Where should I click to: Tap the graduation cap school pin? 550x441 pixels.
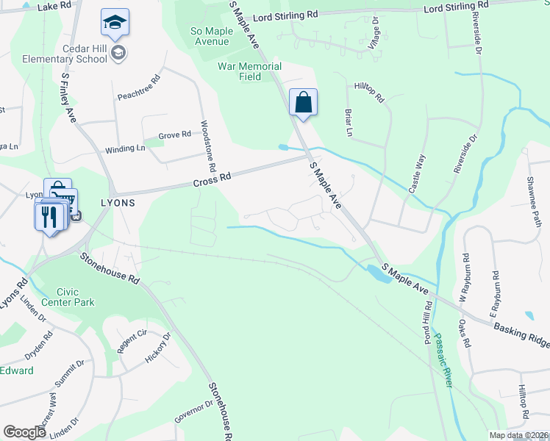coord(115,24)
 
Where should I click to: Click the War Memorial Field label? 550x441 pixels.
coord(249,71)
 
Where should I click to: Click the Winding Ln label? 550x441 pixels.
coord(125,149)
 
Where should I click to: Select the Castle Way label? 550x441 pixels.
coord(417,173)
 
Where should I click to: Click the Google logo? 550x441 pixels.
coord(24,431)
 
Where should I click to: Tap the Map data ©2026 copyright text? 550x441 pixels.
coord(518,435)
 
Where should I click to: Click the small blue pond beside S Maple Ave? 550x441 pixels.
coord(379,274)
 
